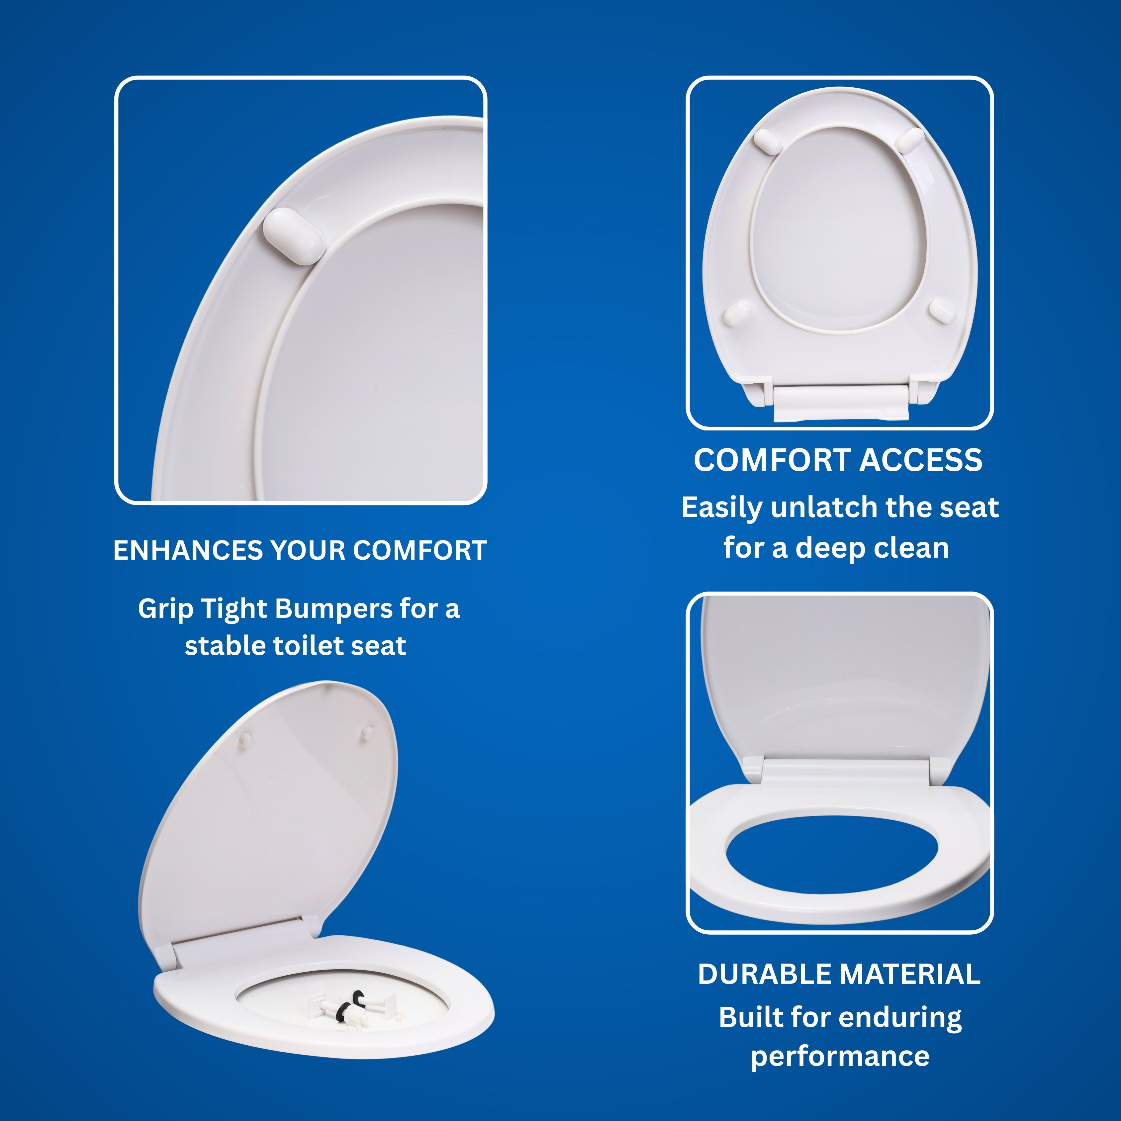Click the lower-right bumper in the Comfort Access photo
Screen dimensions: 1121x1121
coord(942,310)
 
